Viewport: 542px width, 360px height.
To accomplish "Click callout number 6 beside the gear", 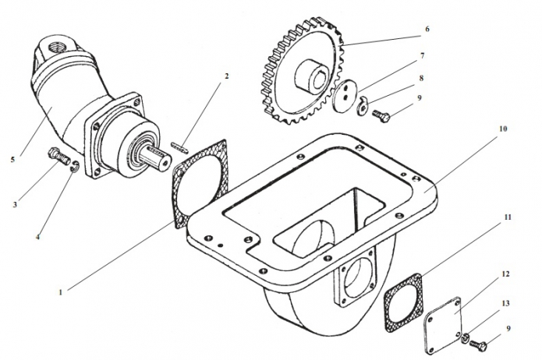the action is pyautogui.click(x=427, y=29).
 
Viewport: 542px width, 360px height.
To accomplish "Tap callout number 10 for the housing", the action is pyautogui.click(x=503, y=129).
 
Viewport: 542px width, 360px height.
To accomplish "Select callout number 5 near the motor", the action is pyautogui.click(x=12, y=160).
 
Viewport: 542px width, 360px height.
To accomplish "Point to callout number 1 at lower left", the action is pyautogui.click(x=61, y=292).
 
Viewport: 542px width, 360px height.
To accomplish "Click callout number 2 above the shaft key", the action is pyautogui.click(x=226, y=76).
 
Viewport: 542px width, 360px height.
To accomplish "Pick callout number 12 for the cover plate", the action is pyautogui.click(x=505, y=274).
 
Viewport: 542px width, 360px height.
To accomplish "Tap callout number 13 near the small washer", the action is pyautogui.click(x=505, y=303).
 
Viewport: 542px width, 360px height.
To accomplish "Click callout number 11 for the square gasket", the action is pyautogui.click(x=508, y=217).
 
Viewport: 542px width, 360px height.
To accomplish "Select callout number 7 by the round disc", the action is pyautogui.click(x=422, y=55).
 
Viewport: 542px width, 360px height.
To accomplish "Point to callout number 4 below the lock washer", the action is pyautogui.click(x=37, y=238).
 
